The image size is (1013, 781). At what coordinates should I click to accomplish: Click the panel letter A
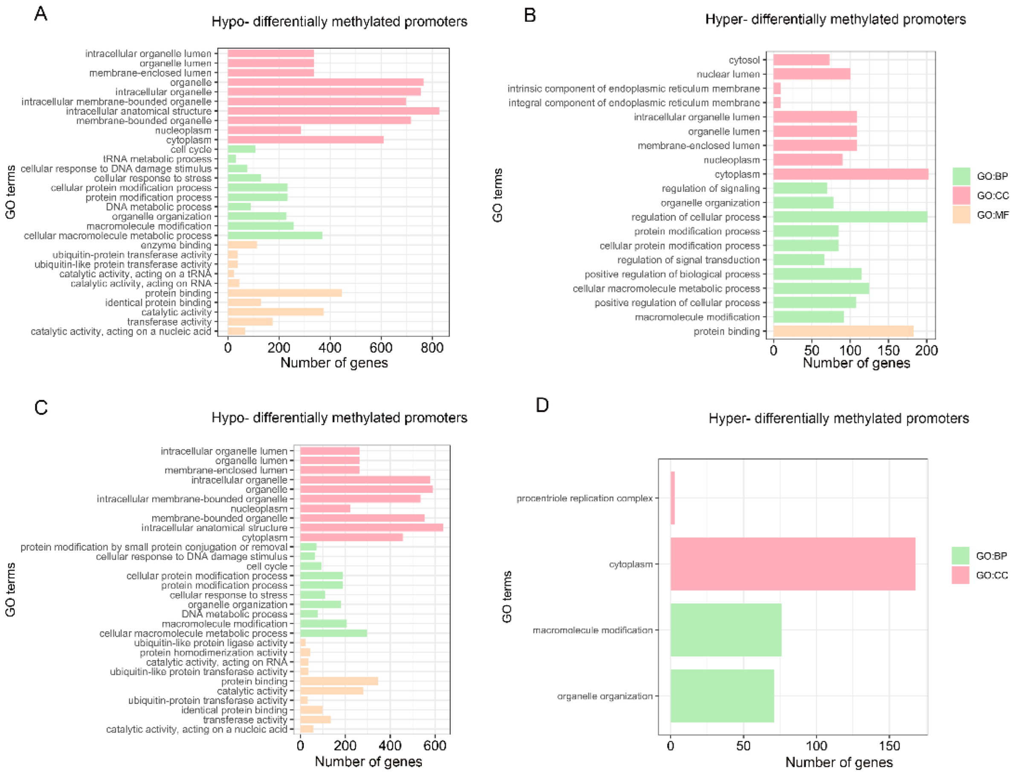point(41,14)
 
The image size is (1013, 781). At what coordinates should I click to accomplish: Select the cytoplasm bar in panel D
point(792,564)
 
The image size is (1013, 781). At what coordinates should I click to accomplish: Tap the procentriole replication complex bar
point(673,498)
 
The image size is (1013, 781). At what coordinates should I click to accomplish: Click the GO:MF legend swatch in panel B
point(961,215)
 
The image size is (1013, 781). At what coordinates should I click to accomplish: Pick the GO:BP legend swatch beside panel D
point(960,556)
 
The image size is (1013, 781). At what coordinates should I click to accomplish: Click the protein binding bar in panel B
point(843,331)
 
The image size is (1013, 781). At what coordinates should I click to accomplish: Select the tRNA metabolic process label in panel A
point(157,159)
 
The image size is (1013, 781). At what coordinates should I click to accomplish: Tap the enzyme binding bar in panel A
point(242,245)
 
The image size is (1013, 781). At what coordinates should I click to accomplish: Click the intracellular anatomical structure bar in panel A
point(333,111)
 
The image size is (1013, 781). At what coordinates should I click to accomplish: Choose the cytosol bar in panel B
point(801,60)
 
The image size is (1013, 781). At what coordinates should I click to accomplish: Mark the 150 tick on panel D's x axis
point(889,746)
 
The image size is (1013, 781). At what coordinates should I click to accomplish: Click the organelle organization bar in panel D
point(722,696)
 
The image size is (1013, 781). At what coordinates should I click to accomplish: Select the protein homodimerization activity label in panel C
point(213,653)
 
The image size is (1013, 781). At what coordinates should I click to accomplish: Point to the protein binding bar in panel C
point(339,681)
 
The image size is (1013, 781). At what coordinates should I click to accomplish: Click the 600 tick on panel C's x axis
point(435,746)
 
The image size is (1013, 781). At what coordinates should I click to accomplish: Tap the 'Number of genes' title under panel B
point(856,363)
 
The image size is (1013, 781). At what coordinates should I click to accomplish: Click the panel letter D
point(542,405)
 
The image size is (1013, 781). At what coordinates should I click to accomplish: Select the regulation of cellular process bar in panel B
point(850,217)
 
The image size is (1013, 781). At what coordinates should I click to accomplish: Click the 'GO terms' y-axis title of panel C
point(10,589)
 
